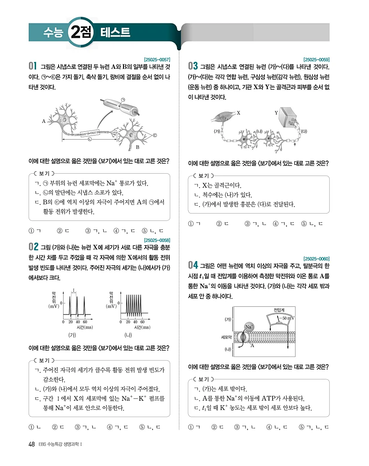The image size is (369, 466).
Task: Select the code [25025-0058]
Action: point(158,240)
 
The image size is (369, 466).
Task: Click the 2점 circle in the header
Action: point(82,32)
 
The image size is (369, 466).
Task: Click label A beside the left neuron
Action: point(43,121)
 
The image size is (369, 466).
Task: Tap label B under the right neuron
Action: point(138,147)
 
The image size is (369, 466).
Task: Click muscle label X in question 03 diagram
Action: point(238,112)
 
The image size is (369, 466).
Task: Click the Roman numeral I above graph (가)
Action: point(73,290)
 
